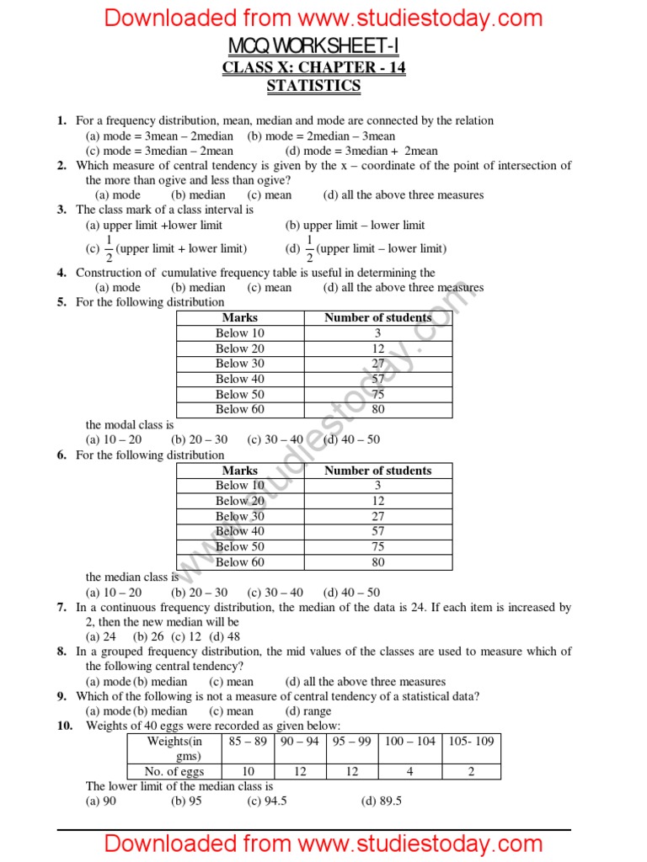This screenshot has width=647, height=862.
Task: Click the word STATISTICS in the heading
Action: click(x=313, y=86)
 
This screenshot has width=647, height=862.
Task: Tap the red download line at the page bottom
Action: click(x=323, y=843)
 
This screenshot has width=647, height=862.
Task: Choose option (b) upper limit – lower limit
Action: click(x=355, y=225)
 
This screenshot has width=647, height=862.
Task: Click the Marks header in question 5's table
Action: click(x=240, y=317)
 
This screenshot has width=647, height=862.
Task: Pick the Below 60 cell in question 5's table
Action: click(x=240, y=409)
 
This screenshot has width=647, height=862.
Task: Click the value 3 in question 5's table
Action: click(x=378, y=333)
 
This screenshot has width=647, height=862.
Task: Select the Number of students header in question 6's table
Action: click(x=378, y=471)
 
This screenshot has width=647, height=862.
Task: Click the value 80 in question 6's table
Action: click(x=378, y=562)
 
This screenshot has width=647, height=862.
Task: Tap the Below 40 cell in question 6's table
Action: click(x=240, y=531)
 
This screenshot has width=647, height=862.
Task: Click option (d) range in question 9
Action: click(x=308, y=711)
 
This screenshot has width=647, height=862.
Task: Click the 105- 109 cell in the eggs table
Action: click(x=471, y=741)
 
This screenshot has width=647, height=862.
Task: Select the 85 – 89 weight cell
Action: click(x=248, y=741)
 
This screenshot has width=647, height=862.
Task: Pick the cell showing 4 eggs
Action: click(x=410, y=771)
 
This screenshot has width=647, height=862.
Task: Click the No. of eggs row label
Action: click(x=174, y=771)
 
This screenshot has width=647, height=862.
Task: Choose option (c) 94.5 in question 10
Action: click(x=267, y=801)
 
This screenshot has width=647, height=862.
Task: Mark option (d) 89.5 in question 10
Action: click(x=382, y=801)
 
